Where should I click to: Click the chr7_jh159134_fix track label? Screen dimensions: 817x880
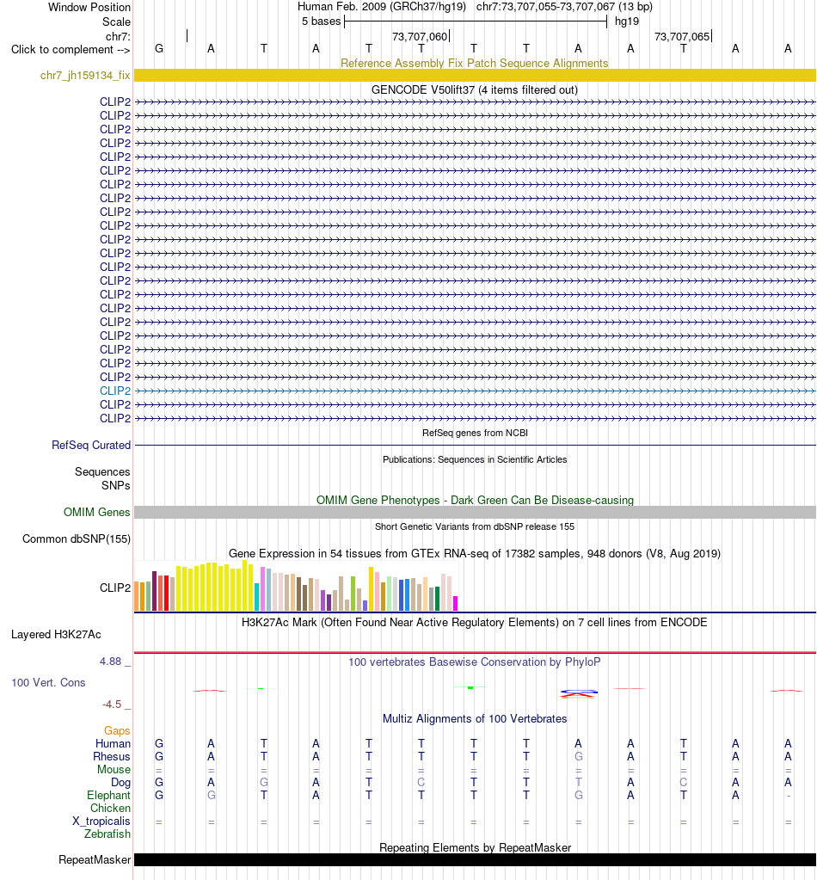tap(85, 75)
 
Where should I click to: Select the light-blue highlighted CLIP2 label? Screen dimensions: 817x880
tap(115, 391)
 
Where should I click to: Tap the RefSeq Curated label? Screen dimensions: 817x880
tap(91, 445)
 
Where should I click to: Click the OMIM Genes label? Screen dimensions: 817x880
tap(96, 512)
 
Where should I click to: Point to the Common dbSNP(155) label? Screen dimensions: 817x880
tap(77, 538)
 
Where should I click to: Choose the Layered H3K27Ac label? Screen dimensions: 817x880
tap(56, 634)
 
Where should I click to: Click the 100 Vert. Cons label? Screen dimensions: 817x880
tap(48, 682)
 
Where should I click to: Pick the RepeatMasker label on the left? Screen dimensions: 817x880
tap(95, 860)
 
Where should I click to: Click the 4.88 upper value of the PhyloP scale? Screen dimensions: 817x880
tap(111, 662)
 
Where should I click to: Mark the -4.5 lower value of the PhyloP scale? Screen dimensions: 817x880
tap(112, 705)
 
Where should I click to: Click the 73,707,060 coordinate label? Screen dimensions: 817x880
tap(420, 36)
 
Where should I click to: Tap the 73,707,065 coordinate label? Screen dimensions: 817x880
tap(682, 36)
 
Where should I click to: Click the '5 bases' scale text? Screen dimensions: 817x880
tap(321, 22)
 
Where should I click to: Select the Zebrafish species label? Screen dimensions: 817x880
tap(107, 834)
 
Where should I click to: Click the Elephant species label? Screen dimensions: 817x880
tap(108, 795)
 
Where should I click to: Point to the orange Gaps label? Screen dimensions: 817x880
tap(117, 730)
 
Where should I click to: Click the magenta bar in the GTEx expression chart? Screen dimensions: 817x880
tap(456, 603)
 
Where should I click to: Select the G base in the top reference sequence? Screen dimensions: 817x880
tap(159, 49)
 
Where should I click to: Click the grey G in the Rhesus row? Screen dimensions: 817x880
tap(579, 756)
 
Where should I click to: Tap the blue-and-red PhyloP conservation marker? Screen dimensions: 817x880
tap(579, 693)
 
